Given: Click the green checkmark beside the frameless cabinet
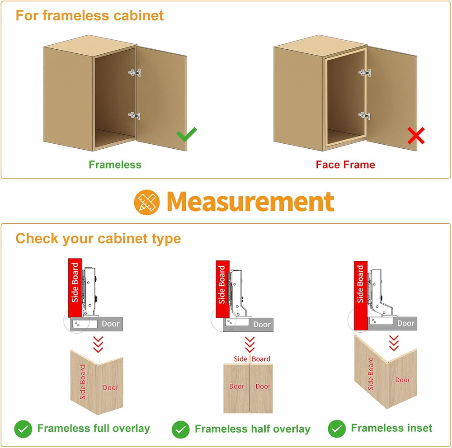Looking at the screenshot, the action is click(x=187, y=135).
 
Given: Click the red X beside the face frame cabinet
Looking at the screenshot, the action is click(x=416, y=136).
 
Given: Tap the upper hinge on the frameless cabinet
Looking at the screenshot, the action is click(x=135, y=73).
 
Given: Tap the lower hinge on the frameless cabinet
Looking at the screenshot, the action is click(x=134, y=116).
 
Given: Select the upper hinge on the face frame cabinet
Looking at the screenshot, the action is click(x=365, y=73).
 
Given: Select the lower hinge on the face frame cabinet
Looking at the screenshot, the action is click(x=364, y=116).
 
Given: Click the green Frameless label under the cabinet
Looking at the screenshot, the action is click(x=115, y=165).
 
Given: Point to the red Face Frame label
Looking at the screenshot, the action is click(x=345, y=165).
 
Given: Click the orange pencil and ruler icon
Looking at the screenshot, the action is click(x=147, y=202).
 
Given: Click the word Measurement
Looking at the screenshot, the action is click(x=250, y=202).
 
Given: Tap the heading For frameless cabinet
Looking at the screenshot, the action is click(x=89, y=15).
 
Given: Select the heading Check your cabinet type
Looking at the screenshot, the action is click(x=98, y=239).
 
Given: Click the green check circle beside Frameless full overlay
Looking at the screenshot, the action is click(x=23, y=429).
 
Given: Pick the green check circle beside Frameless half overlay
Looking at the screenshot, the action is click(x=180, y=429).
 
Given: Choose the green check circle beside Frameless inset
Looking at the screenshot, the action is click(x=337, y=429).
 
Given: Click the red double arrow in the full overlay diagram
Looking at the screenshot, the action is click(x=98, y=344).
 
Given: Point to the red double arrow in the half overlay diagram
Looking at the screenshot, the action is click(x=250, y=344).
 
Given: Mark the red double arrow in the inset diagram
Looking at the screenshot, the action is click(x=394, y=343).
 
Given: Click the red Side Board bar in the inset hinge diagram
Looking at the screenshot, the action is click(x=361, y=296).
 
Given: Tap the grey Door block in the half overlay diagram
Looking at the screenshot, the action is click(x=248, y=325).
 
